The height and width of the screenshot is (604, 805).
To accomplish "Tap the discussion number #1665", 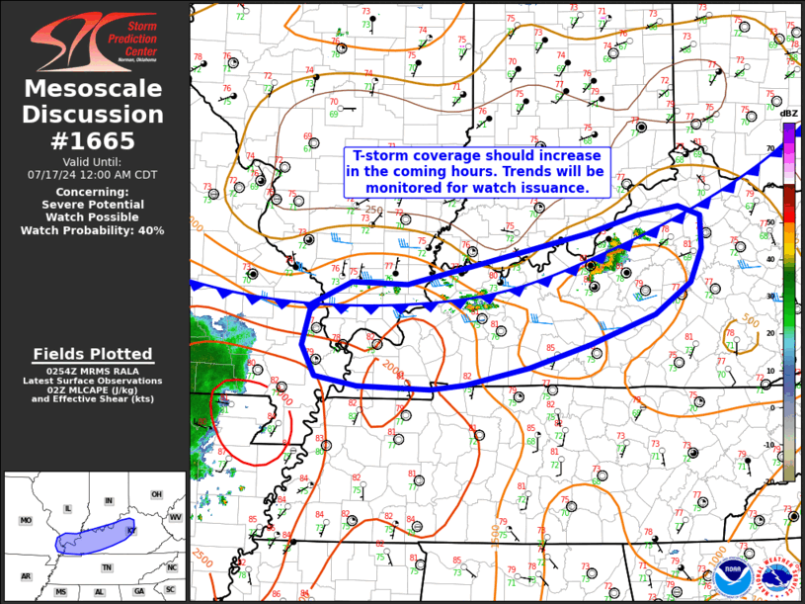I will tap(94, 140).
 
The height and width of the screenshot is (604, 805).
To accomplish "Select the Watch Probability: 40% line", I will tap(94, 230).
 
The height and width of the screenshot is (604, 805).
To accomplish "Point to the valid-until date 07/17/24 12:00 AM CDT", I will tap(94, 174).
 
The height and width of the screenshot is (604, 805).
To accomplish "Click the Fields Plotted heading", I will tap(93, 354).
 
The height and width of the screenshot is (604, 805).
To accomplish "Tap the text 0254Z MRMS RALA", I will tap(93, 370).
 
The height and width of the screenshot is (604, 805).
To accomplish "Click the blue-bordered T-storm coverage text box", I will tap(478, 171).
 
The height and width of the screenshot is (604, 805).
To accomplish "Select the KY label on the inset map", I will tap(130, 531).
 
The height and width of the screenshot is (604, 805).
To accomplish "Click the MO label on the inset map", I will tap(27, 520).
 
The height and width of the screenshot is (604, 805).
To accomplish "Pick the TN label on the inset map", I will tap(107, 567).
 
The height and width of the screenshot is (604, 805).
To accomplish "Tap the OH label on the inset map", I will tap(156, 494).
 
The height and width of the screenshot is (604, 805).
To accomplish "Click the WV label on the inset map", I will tap(175, 517).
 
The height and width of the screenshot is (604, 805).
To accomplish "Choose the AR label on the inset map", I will tap(26, 576).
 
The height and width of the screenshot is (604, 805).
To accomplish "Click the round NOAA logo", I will tap(732, 575).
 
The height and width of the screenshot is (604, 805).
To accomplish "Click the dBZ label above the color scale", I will tap(788, 114).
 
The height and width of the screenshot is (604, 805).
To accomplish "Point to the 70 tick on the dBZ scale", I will tap(769, 145).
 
